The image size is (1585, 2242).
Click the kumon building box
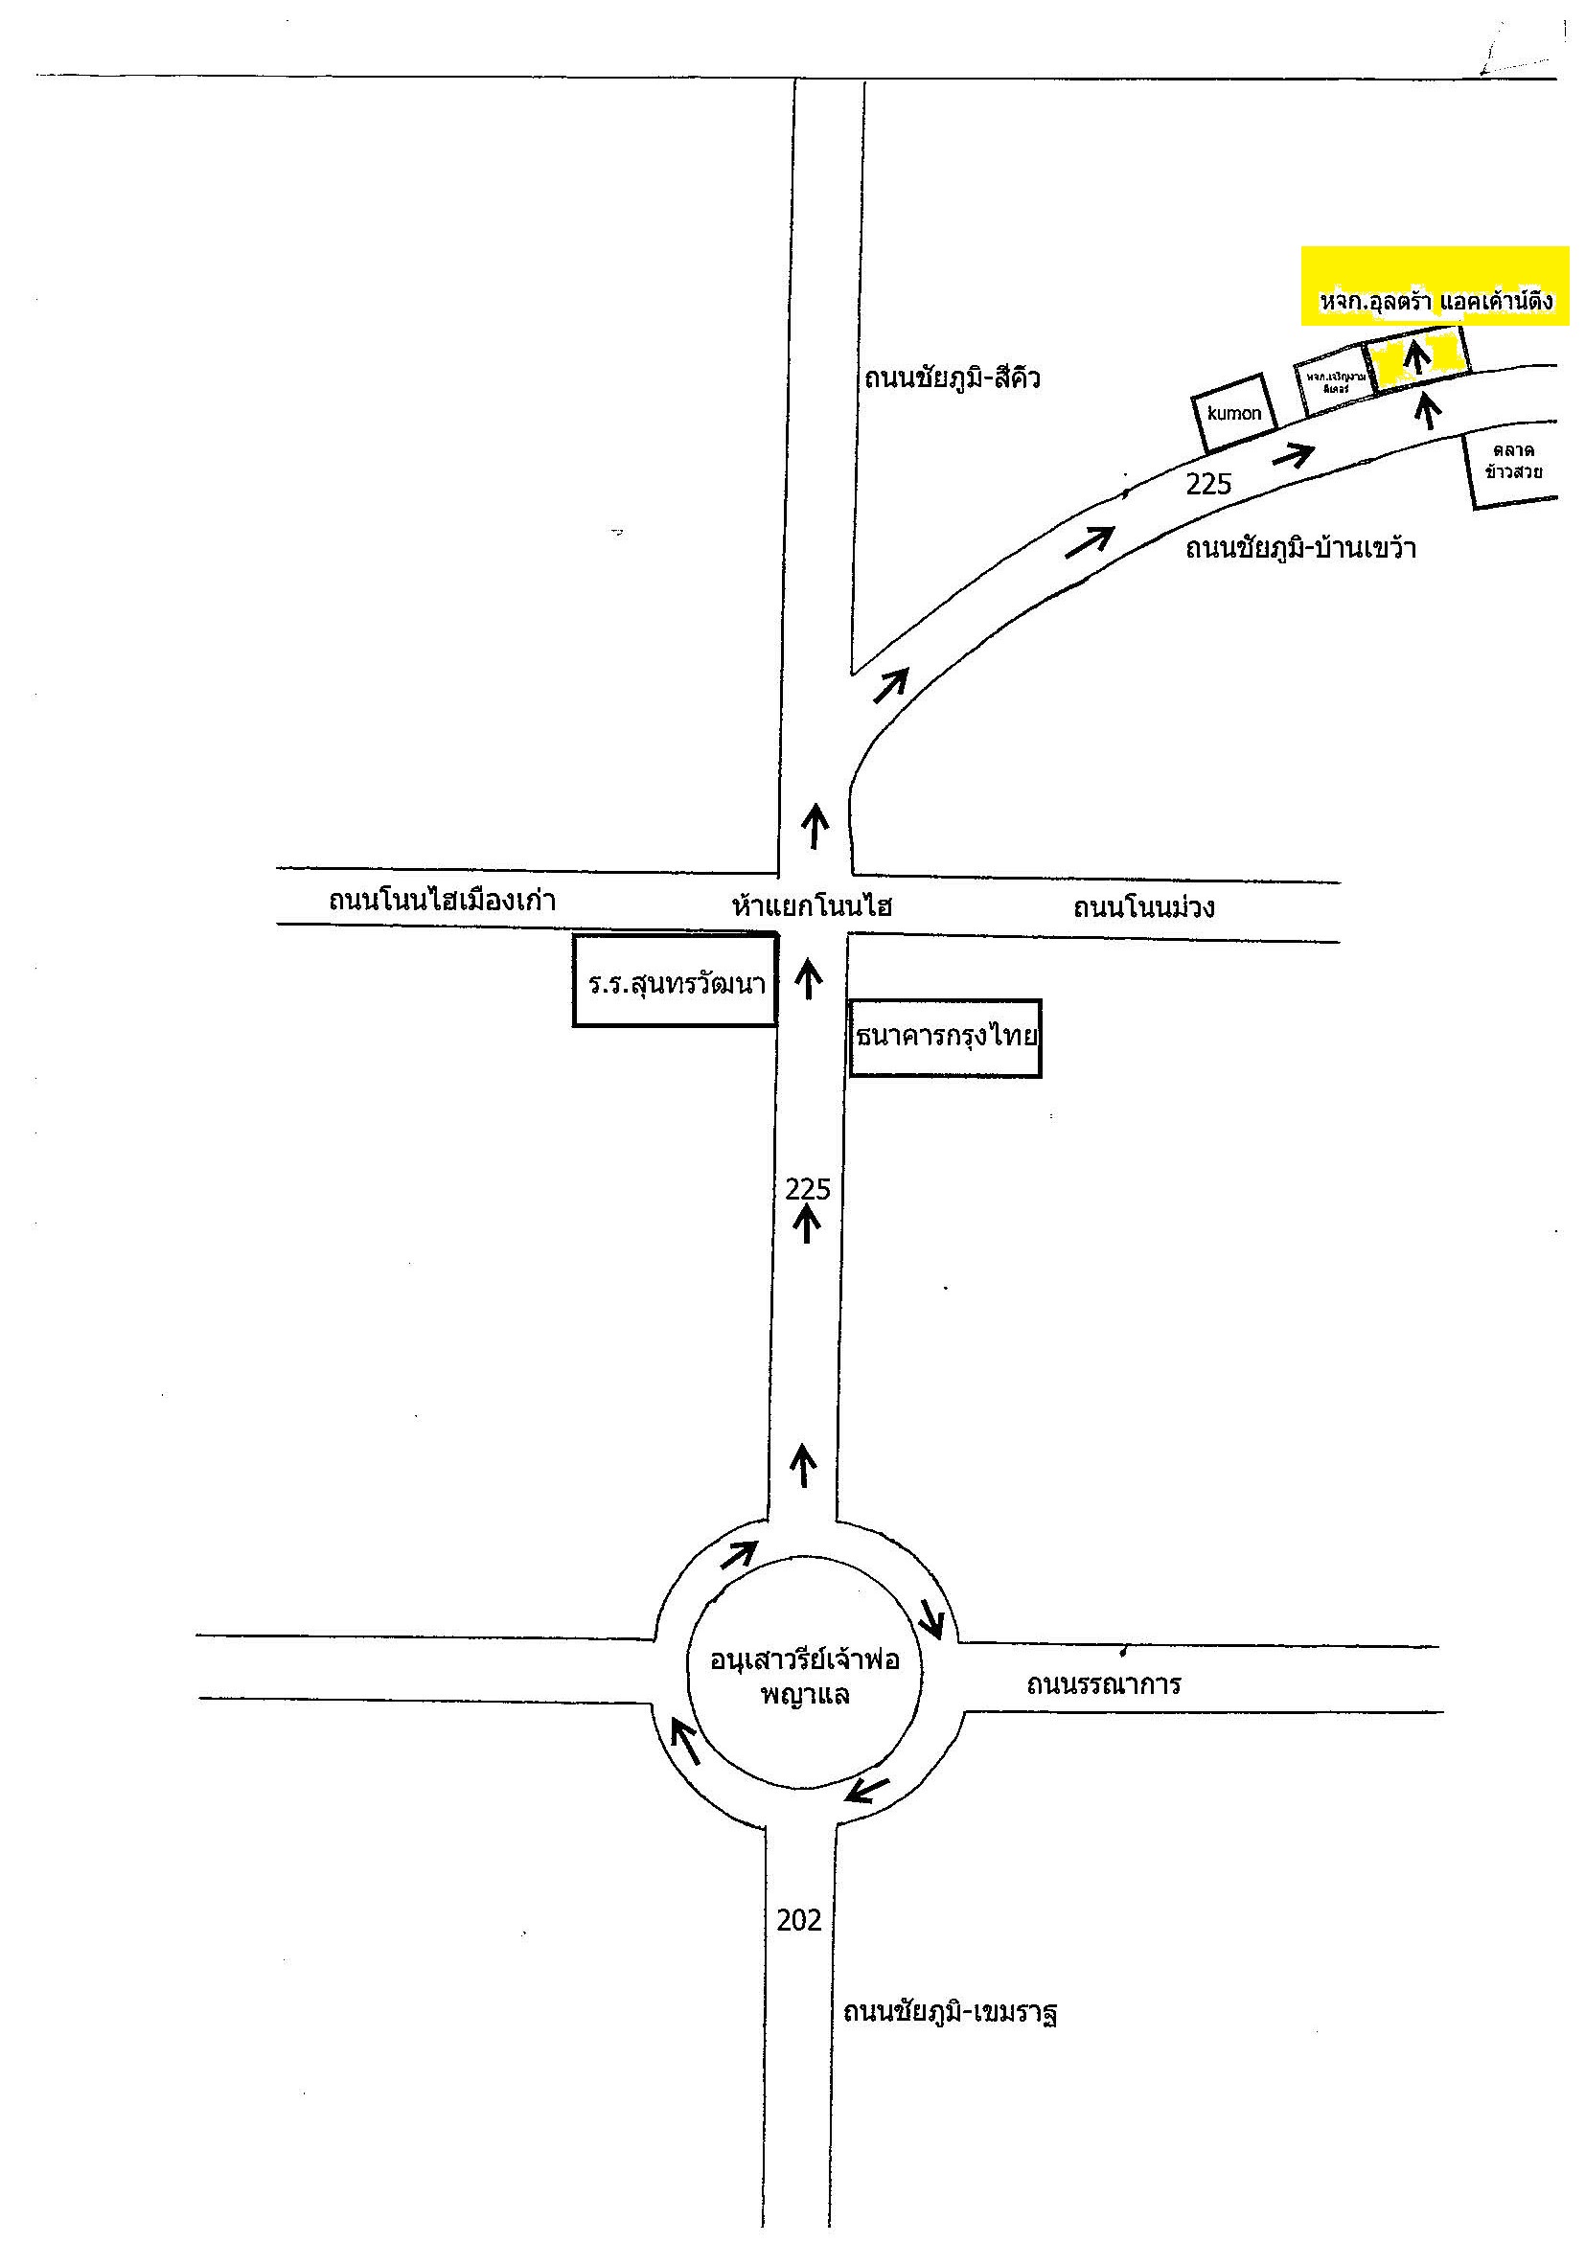pyautogui.click(x=1233, y=413)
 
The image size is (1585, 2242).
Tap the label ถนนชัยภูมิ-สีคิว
pyautogui.click(x=952, y=377)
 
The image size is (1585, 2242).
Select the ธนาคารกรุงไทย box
pyautogui.click(x=944, y=1037)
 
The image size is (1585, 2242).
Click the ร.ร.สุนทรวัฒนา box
pyautogui.click(x=675, y=982)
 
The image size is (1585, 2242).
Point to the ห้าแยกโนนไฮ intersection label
pyautogui.click(x=812, y=906)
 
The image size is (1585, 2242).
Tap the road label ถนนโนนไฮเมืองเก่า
pyautogui.click(x=442, y=900)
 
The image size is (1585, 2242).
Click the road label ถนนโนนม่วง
pyautogui.click(x=1143, y=907)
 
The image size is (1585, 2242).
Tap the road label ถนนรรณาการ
pyautogui.click(x=1104, y=1684)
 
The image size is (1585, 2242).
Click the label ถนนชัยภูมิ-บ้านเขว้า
pyautogui.click(x=1299, y=549)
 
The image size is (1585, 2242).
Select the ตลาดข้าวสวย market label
pyautogui.click(x=1513, y=462)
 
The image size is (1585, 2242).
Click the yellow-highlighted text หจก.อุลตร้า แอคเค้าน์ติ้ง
pyautogui.click(x=1435, y=302)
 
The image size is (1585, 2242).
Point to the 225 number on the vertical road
pyautogui.click(x=808, y=1188)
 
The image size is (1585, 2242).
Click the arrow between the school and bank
pyautogui.click(x=809, y=977)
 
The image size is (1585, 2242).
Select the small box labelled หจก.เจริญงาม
pyautogui.click(x=1334, y=383)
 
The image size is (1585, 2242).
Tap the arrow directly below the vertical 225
pyautogui.click(x=807, y=1224)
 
